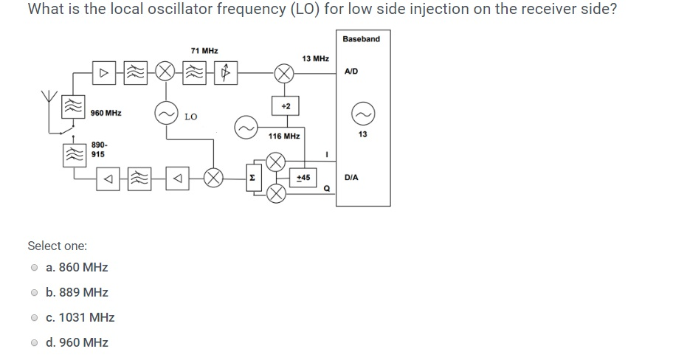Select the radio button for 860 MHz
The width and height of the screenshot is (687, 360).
pos(34,267)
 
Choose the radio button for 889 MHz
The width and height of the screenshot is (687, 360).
pos(34,292)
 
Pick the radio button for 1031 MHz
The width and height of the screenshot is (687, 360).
pos(34,317)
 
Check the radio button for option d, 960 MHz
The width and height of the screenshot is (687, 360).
pos(34,342)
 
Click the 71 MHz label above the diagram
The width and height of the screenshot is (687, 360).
pos(204,51)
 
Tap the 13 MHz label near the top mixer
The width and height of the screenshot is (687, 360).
pos(315,58)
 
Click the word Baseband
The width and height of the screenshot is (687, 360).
pos(362,38)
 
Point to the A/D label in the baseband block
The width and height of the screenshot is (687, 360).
pos(352,72)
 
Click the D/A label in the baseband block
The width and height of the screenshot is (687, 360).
pos(352,178)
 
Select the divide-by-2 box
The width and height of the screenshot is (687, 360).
pos(285,106)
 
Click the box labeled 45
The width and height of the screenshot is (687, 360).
pos(303,178)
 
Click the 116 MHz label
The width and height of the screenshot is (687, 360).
pos(284,136)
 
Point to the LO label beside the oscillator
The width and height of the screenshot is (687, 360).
pos(190,117)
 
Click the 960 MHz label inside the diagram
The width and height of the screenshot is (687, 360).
pos(106,113)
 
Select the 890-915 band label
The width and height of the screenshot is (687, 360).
pos(98,150)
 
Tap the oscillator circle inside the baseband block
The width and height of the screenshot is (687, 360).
pos(362,112)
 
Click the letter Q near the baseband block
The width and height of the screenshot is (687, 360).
pos(325,188)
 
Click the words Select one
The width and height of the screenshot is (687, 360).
pos(57,245)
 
